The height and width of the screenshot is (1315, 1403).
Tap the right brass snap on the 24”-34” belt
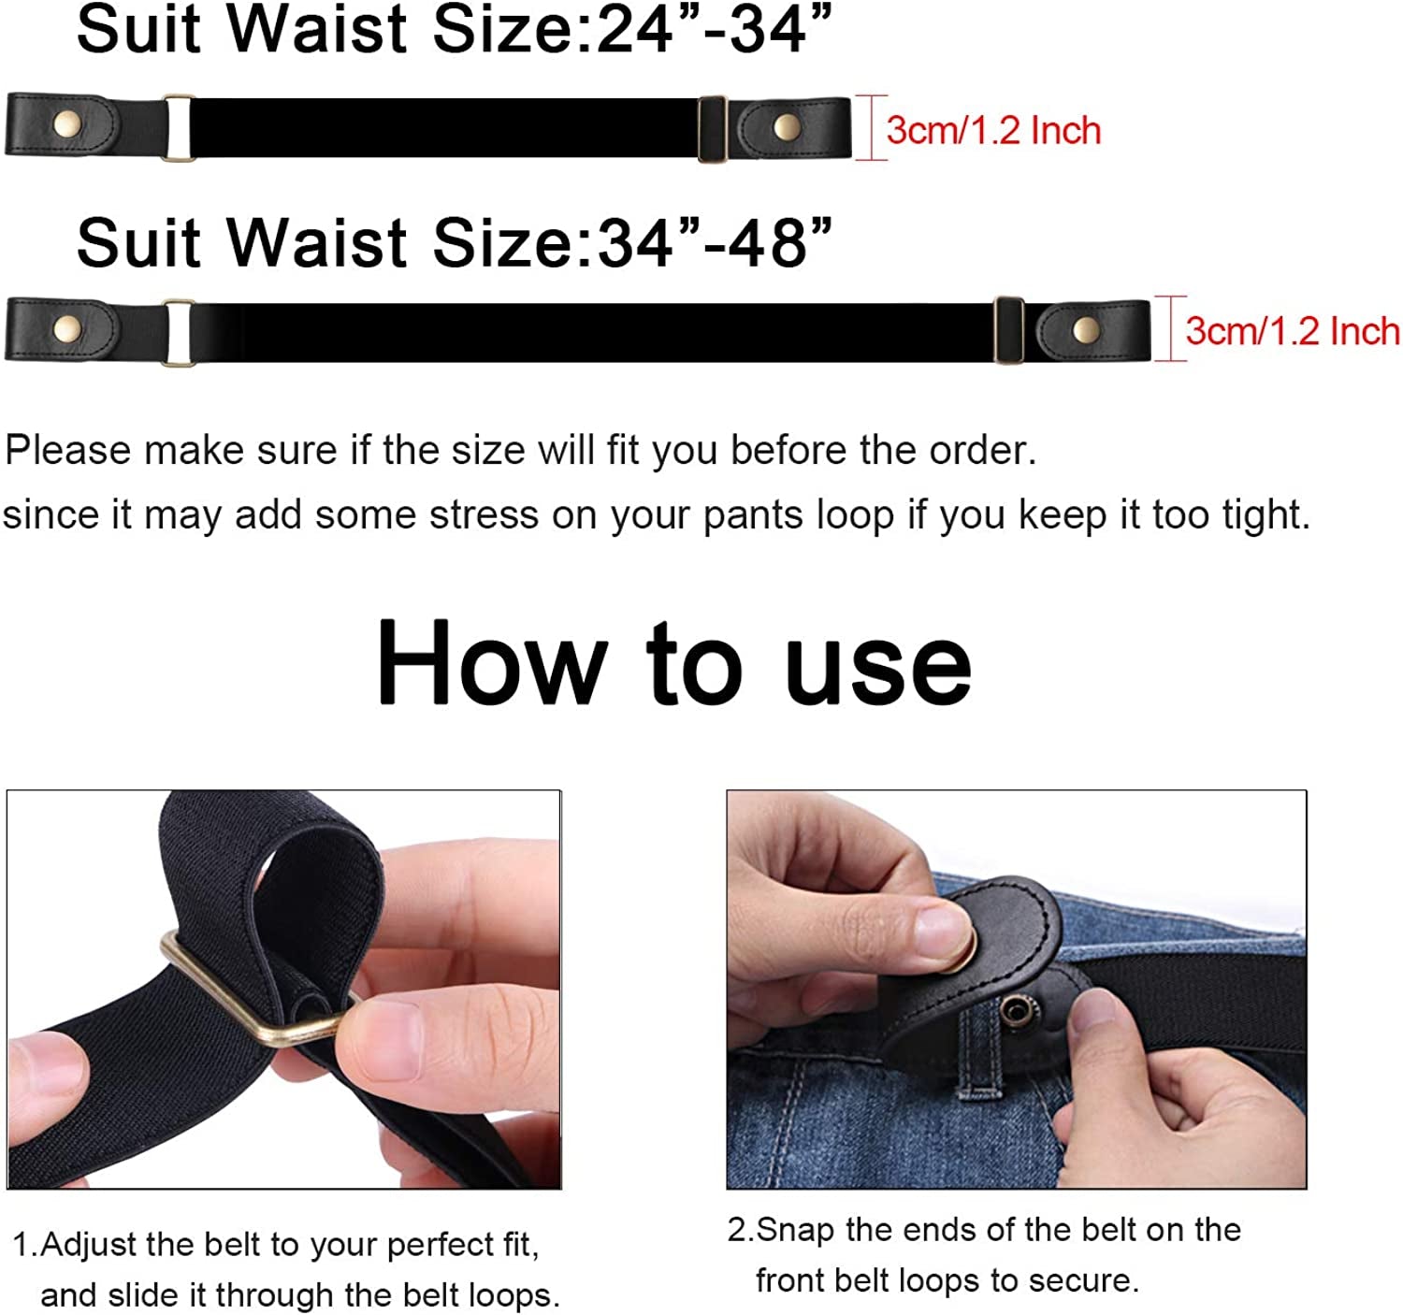pyautogui.click(x=786, y=126)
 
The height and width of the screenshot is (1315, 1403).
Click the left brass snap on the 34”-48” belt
pyautogui.click(x=67, y=327)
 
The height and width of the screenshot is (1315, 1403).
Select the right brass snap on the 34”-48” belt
pyautogui.click(x=1085, y=328)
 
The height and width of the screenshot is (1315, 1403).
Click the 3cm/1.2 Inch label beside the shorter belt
pyautogui.click(x=993, y=131)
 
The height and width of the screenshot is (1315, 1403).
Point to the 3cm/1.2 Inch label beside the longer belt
pyautogui.click(x=1293, y=331)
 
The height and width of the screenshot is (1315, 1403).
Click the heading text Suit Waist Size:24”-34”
pyautogui.click(x=454, y=30)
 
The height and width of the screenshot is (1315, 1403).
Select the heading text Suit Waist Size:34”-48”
pyautogui.click(x=454, y=243)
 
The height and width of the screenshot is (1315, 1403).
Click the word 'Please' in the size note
pyautogui.click(x=68, y=451)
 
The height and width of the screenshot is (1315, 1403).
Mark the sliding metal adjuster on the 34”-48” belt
pyautogui.click(x=1008, y=329)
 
